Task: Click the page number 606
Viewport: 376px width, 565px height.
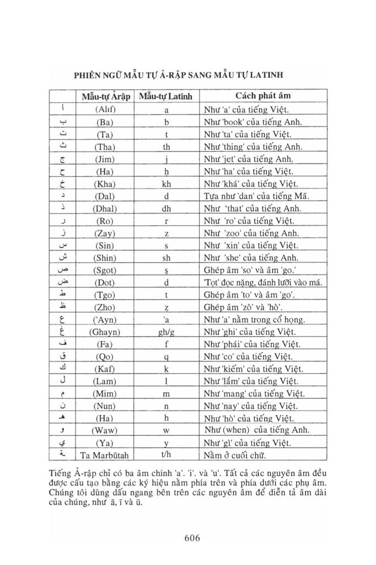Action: [188, 537]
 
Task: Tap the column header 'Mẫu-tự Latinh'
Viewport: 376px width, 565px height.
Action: [165, 96]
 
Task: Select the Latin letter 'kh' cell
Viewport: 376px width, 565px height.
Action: [165, 183]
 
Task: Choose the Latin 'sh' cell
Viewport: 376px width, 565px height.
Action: [165, 258]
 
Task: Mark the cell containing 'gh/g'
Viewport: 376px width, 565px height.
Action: [165, 332]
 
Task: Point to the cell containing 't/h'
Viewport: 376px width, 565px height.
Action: [165, 455]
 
